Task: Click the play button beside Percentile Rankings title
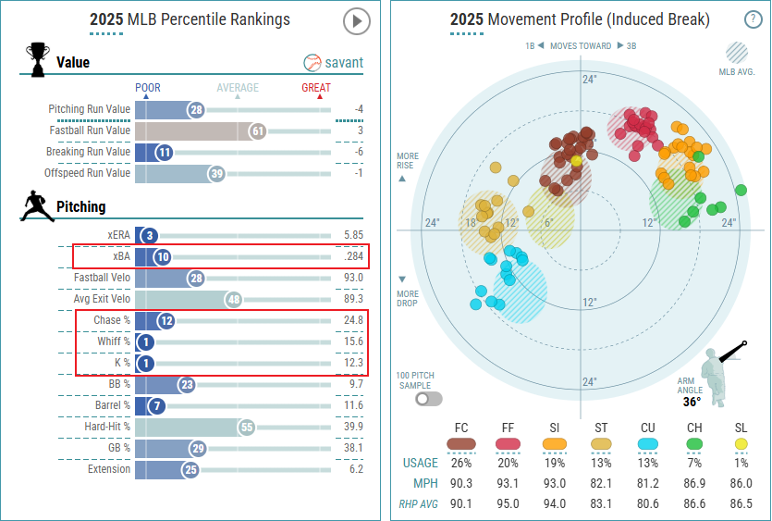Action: tap(356, 20)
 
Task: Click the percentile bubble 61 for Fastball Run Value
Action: tap(257, 131)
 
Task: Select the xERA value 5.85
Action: tap(353, 236)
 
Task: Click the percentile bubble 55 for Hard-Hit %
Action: tap(246, 428)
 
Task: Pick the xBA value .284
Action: tap(353, 257)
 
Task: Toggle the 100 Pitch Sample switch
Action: tap(429, 399)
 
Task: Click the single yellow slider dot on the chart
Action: tap(576, 160)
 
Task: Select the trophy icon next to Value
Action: tap(38, 60)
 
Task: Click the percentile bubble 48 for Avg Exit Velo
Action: tap(234, 299)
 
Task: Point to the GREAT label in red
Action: tap(316, 88)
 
